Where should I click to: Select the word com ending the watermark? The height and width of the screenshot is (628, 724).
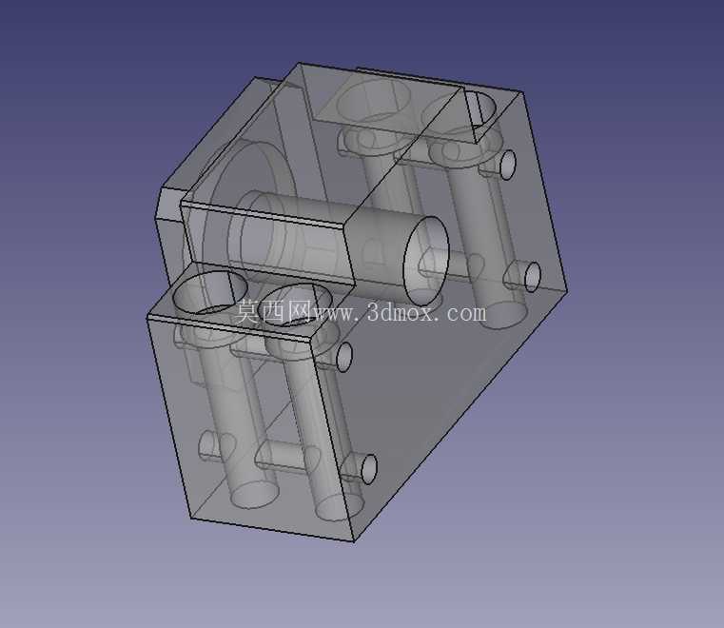(466, 313)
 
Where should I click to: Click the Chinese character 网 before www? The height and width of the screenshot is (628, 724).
(300, 311)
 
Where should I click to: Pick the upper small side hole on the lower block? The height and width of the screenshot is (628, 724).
(344, 356)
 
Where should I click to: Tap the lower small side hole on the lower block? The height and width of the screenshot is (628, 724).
(369, 469)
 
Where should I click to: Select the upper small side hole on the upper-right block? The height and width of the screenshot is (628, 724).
(508, 165)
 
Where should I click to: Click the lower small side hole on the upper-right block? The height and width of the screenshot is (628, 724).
(533, 277)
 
